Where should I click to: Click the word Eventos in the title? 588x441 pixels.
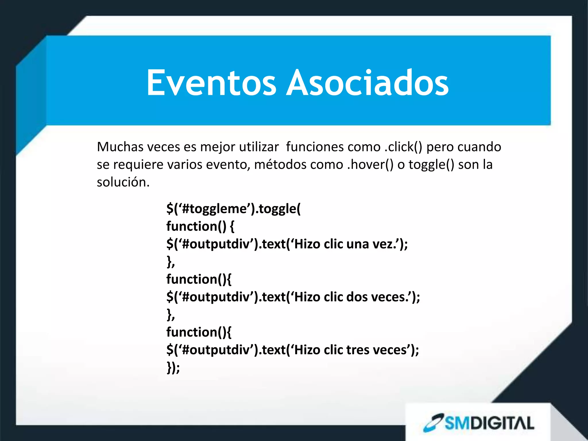point(211,83)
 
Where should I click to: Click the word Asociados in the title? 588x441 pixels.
point(367,83)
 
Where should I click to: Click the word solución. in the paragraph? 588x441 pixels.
point(123,182)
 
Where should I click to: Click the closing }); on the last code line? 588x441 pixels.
point(173,368)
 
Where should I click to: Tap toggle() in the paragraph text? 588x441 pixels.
point(431,165)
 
